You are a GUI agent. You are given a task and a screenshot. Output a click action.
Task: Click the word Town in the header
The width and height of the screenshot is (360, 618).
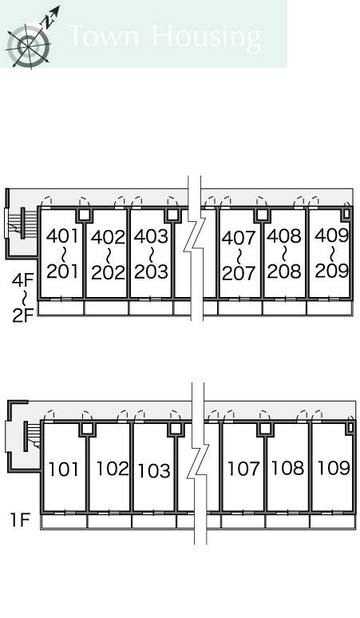click(x=104, y=35)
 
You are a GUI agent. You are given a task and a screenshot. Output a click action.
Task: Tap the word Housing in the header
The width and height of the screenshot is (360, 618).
click(x=206, y=38)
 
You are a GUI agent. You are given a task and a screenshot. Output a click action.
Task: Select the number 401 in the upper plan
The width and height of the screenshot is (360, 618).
click(x=63, y=236)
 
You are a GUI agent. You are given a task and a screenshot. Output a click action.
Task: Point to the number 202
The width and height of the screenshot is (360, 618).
click(x=108, y=272)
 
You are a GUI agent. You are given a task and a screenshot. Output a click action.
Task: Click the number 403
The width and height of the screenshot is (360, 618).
click(x=151, y=236)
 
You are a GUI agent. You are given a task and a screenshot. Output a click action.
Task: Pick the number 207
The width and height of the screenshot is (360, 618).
click(x=239, y=273)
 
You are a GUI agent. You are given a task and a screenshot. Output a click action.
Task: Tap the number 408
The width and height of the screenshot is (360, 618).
click(x=284, y=236)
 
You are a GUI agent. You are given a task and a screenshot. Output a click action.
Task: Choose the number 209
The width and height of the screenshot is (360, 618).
click(x=332, y=271)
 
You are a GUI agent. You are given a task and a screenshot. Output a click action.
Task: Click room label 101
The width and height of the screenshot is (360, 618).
click(x=63, y=469)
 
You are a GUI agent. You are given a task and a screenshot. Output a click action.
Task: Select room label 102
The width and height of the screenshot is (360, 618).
click(x=113, y=469)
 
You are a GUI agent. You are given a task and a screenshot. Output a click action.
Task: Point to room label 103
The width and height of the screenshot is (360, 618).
click(x=154, y=470)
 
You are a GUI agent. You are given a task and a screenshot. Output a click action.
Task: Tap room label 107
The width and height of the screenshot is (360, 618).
click(x=243, y=469)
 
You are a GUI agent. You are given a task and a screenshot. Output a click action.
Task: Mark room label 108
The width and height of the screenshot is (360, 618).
click(x=288, y=468)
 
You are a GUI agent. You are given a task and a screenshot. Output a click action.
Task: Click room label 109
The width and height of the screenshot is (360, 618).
click(x=334, y=468)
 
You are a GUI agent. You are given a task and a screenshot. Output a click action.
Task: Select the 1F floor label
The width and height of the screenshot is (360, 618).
click(x=20, y=520)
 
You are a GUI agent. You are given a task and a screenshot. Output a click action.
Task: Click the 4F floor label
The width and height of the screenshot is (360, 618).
click(x=23, y=280)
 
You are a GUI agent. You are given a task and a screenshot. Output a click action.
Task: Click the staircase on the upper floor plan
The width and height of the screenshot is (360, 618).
click(x=18, y=224)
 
